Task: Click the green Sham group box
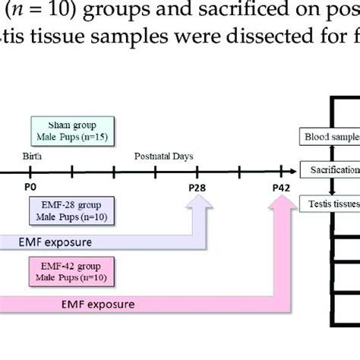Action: (x=74, y=130)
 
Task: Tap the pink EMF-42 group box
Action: (x=74, y=270)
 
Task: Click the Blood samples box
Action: (x=331, y=137)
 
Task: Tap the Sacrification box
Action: (x=331, y=170)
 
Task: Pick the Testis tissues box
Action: (x=331, y=203)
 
